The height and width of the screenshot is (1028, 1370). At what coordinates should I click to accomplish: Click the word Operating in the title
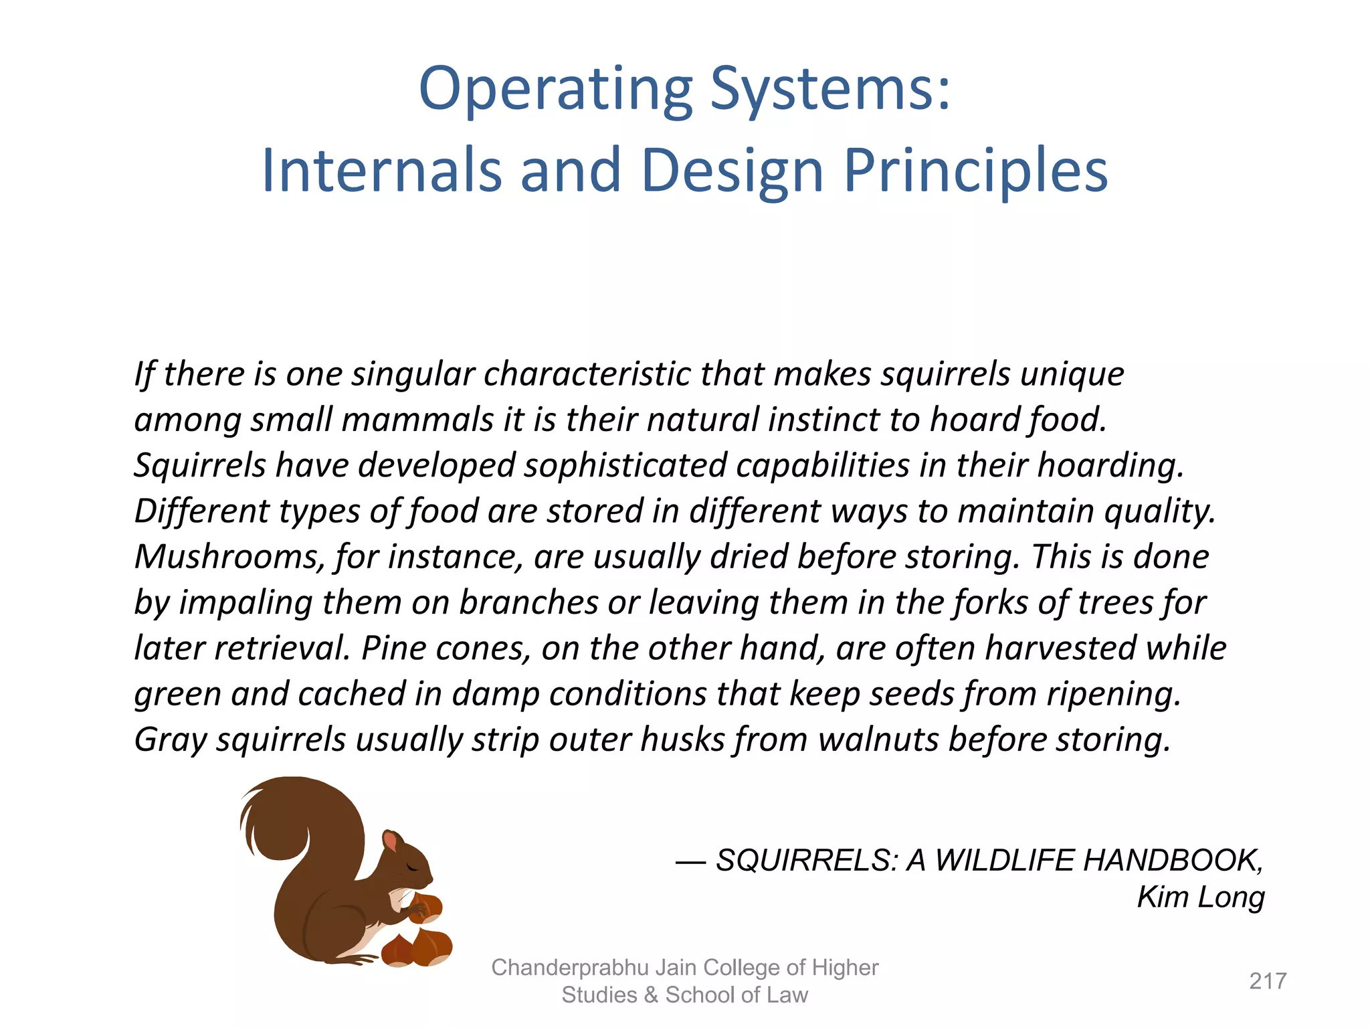[555, 90]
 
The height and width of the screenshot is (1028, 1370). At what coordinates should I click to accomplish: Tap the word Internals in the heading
[381, 171]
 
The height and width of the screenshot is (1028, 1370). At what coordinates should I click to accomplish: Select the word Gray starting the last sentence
[170, 740]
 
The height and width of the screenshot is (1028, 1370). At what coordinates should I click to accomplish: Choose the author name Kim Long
[1201, 897]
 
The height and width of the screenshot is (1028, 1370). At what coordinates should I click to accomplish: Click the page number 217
[1268, 981]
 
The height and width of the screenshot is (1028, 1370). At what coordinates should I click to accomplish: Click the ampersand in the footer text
[651, 995]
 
